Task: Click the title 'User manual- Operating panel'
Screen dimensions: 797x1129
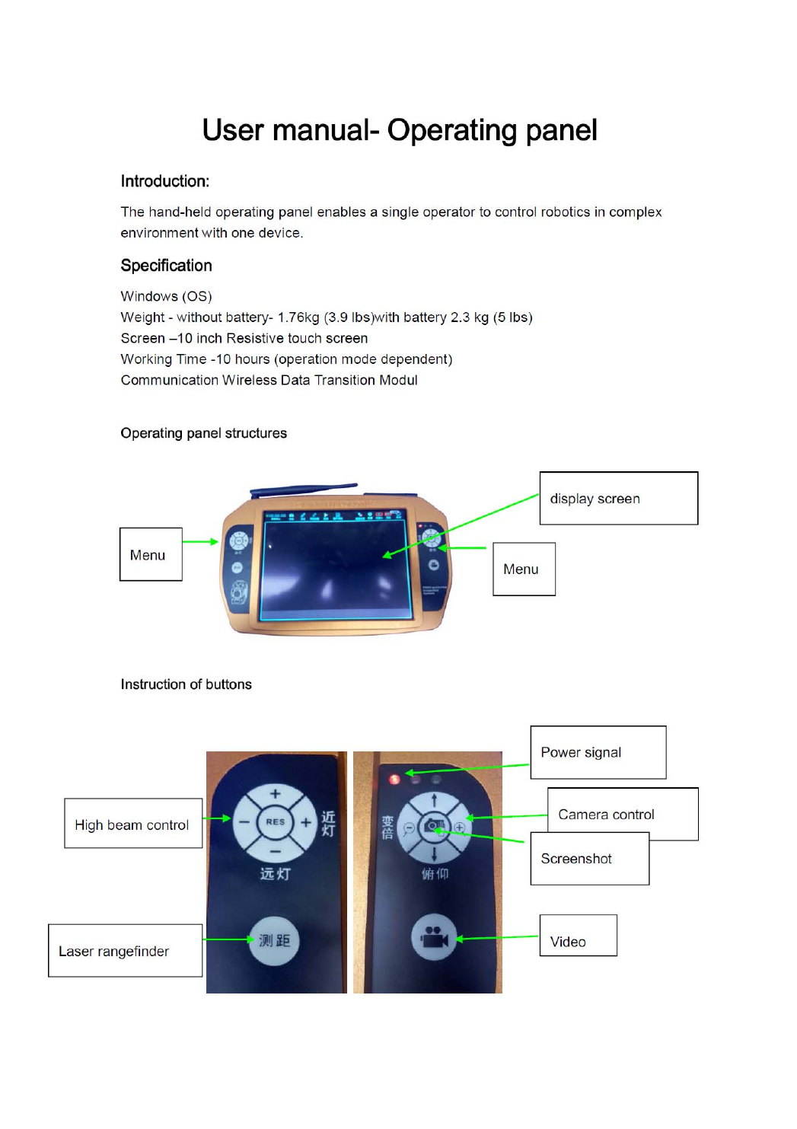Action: tap(399, 130)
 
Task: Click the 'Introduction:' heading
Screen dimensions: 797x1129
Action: tap(164, 181)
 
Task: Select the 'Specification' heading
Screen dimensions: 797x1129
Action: tap(166, 266)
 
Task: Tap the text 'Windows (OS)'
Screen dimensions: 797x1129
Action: tap(166, 296)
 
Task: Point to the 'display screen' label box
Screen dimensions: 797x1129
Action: tap(618, 499)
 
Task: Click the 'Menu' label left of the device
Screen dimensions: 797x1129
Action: tap(151, 555)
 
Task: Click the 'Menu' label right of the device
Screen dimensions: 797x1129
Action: tap(524, 569)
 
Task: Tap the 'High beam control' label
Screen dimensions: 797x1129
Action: tap(132, 824)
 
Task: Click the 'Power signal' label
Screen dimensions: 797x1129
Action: tap(598, 752)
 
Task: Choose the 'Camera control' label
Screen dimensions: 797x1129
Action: tap(622, 814)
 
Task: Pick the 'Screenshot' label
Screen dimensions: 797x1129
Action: tap(589, 859)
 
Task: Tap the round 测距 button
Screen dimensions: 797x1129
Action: tap(274, 941)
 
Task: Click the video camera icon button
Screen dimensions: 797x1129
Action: tap(434, 937)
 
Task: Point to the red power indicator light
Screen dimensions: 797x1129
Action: tap(394, 779)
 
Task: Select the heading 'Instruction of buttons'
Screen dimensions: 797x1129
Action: tap(186, 684)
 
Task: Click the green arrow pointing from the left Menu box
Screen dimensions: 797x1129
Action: tap(201, 542)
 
